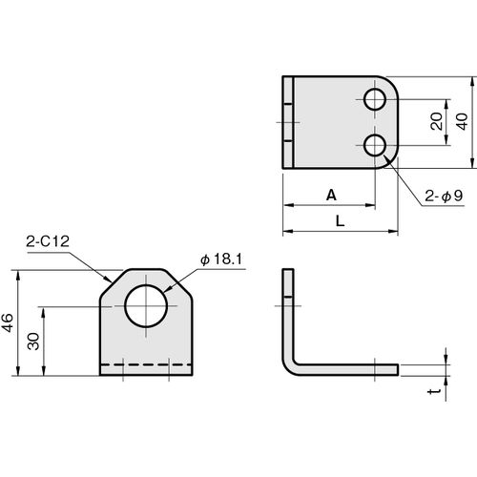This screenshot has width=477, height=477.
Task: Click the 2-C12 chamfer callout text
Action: (48, 241)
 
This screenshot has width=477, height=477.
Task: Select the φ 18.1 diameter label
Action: (221, 259)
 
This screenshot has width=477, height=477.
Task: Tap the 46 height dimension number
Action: (8, 322)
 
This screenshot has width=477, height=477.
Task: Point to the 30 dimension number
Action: (33, 342)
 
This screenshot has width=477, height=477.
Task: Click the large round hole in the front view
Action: (146, 306)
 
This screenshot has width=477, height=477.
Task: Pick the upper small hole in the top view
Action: (375, 99)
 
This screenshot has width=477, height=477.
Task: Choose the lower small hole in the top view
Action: (375, 146)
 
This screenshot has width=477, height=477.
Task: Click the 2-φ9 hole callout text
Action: (444, 196)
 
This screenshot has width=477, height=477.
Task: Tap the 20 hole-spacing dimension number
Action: (437, 121)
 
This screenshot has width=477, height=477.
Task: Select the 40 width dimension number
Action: (462, 121)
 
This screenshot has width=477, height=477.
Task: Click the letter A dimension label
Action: (331, 195)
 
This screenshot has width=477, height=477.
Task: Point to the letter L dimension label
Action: (341, 221)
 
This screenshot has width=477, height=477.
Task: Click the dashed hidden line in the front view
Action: (146, 364)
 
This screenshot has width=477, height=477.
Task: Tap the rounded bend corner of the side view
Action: (288, 370)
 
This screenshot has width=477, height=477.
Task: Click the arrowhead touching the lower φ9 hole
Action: (387, 159)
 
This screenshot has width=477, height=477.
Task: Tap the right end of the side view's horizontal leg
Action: (398, 370)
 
